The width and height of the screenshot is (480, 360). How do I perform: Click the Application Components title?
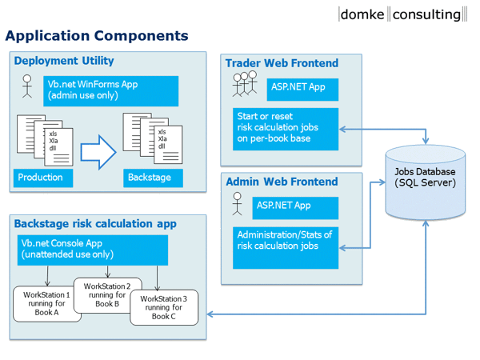(x=97, y=36)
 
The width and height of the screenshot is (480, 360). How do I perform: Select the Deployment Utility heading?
(x=64, y=61)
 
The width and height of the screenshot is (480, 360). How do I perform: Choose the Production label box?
(x=42, y=177)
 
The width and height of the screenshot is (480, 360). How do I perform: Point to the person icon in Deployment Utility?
(x=26, y=86)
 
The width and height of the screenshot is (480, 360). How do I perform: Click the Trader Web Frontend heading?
(x=282, y=63)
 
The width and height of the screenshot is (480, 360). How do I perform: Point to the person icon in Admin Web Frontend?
(x=237, y=205)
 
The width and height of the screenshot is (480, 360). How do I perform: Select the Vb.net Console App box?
(x=92, y=250)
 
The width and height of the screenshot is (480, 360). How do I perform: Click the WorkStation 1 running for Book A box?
(x=46, y=305)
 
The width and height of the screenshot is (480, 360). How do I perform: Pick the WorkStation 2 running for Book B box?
(x=107, y=295)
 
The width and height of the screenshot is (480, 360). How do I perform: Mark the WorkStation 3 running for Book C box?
(x=163, y=308)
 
